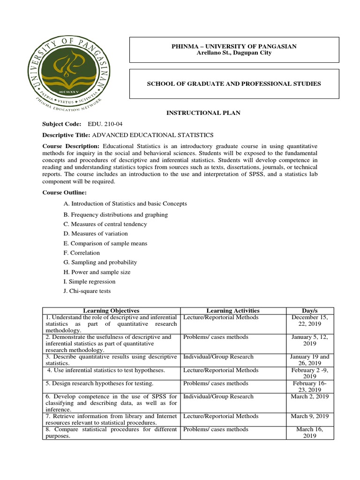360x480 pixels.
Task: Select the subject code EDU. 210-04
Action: pos(105,124)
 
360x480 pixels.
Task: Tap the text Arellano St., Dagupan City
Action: pos(233,53)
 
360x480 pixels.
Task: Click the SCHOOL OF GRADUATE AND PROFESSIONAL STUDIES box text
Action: pos(233,83)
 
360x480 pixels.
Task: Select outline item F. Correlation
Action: pos(82,253)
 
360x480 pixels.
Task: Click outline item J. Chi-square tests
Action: pos(87,291)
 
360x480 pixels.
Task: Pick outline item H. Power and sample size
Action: pos(97,272)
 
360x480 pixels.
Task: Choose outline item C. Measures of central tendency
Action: pos(105,224)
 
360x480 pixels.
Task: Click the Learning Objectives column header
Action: pos(111,310)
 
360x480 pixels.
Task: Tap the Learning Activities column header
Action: pos(233,310)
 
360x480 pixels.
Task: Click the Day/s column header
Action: pos(309,310)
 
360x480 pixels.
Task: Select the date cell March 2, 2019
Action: pos(309,397)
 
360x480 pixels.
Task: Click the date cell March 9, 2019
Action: pos(309,416)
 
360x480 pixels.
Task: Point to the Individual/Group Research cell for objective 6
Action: pos(218,397)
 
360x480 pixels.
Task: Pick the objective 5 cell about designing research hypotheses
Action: pos(99,383)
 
